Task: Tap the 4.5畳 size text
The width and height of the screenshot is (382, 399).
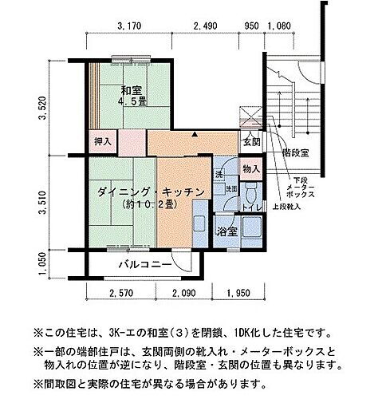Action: coord(131,101)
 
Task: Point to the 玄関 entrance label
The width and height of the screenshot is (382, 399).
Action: coord(250,142)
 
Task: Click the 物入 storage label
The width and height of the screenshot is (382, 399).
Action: coord(250,169)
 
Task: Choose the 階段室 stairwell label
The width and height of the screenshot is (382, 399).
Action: coord(296,152)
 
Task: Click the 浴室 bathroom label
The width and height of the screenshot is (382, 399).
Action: coord(226,232)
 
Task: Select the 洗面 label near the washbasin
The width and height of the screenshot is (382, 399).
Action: coord(230,189)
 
